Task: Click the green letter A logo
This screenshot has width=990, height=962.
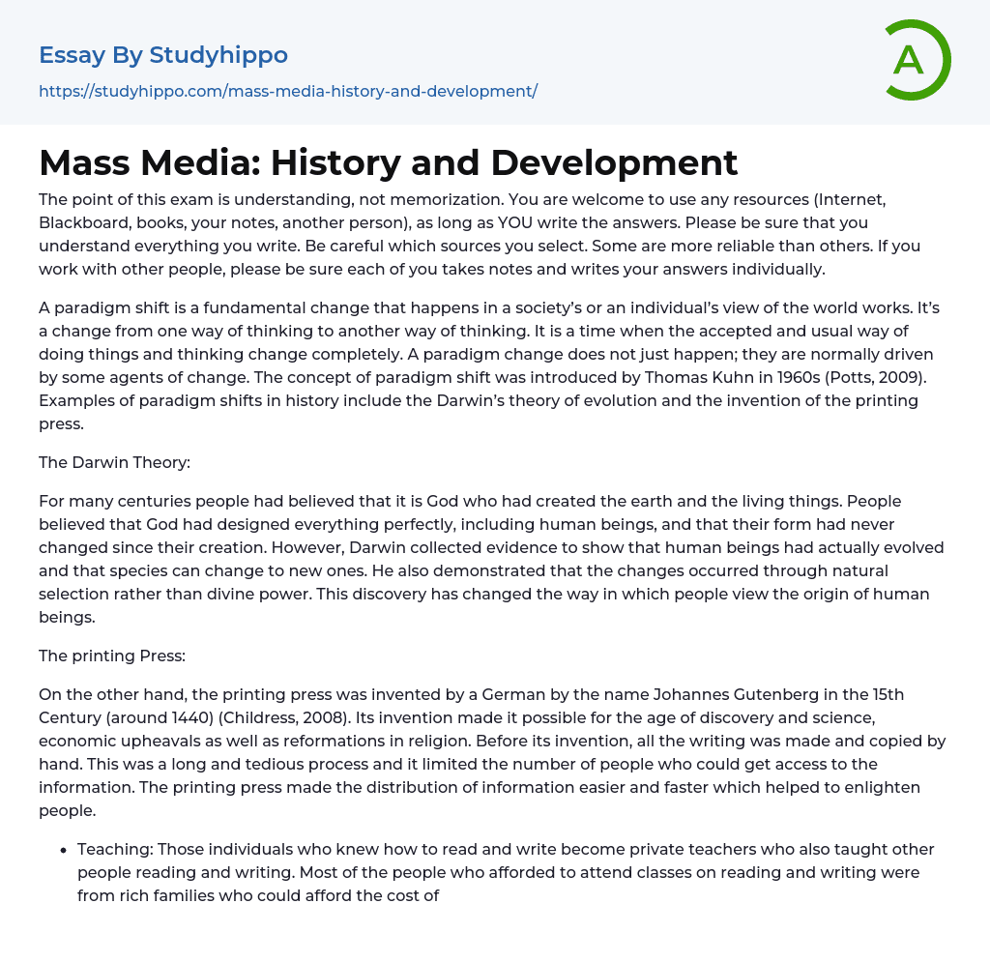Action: click(917, 60)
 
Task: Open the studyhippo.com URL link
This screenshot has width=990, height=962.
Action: click(287, 91)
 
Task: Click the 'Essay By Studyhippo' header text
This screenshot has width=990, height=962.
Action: click(163, 55)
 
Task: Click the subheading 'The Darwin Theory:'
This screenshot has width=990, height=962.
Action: click(114, 462)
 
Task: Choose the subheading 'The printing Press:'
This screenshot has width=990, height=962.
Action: click(112, 656)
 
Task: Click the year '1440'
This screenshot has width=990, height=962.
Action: click(217, 718)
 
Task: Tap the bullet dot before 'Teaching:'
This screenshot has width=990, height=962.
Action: click(63, 850)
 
